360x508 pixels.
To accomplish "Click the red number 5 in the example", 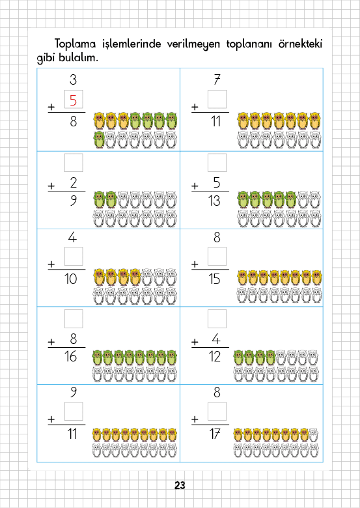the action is tap(73, 100).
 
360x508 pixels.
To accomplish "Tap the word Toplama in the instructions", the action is tap(75, 44).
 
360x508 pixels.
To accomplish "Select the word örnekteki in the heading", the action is tap(300, 44).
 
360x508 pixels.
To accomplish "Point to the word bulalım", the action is tap(78, 58).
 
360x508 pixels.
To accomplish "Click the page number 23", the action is tap(180, 485).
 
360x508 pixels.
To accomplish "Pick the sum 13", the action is tap(215, 201).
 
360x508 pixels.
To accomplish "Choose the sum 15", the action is tap(215, 279).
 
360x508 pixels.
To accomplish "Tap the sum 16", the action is tap(70, 356).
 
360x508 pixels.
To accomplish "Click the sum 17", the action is tap(215, 434).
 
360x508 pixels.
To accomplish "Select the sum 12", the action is tap(215, 356).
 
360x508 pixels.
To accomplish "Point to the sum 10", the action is tap(70, 279).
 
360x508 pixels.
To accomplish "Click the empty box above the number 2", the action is tap(74, 163).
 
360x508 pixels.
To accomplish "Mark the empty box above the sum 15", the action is tap(217, 256).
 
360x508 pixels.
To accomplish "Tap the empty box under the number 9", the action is tap(74, 411).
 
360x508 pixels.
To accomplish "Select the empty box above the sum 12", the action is tap(217, 318).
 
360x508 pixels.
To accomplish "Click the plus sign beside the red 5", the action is tap(51, 107).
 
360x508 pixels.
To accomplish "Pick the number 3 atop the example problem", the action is tap(73, 79).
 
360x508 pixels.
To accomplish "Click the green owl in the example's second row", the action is tap(99, 140).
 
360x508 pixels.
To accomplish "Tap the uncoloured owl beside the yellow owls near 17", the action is tap(313, 435).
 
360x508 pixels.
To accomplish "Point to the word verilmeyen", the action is tap(193, 44).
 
